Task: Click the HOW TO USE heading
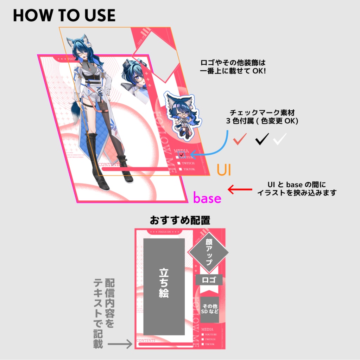(x=64, y=15)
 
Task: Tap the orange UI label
(x=223, y=169)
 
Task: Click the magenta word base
(x=207, y=198)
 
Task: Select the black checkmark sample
(x=262, y=139)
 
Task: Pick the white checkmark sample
(x=280, y=139)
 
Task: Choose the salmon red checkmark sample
(x=240, y=139)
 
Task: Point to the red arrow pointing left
(x=240, y=189)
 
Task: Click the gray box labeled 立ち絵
(x=164, y=287)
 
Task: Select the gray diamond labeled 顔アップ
(x=208, y=252)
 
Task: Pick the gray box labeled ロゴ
(x=209, y=280)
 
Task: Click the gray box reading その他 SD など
(x=210, y=309)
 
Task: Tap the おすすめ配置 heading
(x=180, y=220)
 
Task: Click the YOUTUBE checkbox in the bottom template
(x=203, y=334)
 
